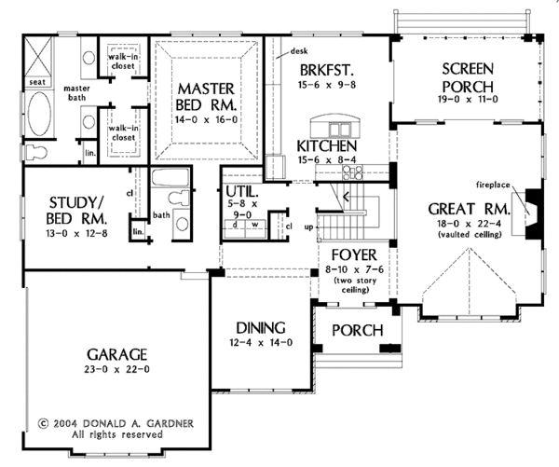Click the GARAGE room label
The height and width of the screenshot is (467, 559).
118,354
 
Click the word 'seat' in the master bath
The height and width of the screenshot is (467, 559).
38,81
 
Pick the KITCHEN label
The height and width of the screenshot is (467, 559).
327,147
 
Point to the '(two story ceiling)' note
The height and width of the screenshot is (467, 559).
350,284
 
